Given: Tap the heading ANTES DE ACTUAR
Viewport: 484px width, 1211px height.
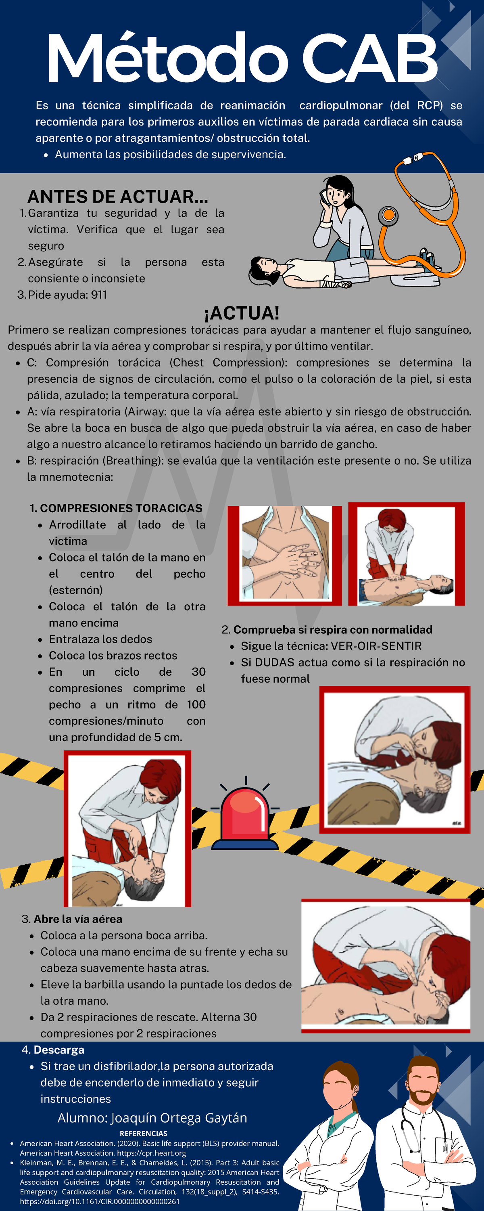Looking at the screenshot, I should (x=117, y=197).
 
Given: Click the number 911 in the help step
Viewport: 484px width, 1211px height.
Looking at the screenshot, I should (x=99, y=295).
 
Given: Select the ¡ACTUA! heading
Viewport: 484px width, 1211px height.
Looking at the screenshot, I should (x=242, y=312).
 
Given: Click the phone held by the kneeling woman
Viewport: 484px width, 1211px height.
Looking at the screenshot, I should (x=324, y=195).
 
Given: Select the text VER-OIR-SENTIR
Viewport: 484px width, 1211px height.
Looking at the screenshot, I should (x=376, y=646).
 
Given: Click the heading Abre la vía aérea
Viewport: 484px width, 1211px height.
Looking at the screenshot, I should (x=77, y=919).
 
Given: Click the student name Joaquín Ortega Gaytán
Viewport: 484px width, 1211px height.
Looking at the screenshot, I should (x=179, y=1118).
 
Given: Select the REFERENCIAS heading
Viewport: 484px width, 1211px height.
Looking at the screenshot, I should (x=143, y=1133).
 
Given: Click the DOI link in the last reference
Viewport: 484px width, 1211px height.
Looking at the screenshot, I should (x=100, y=1201).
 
